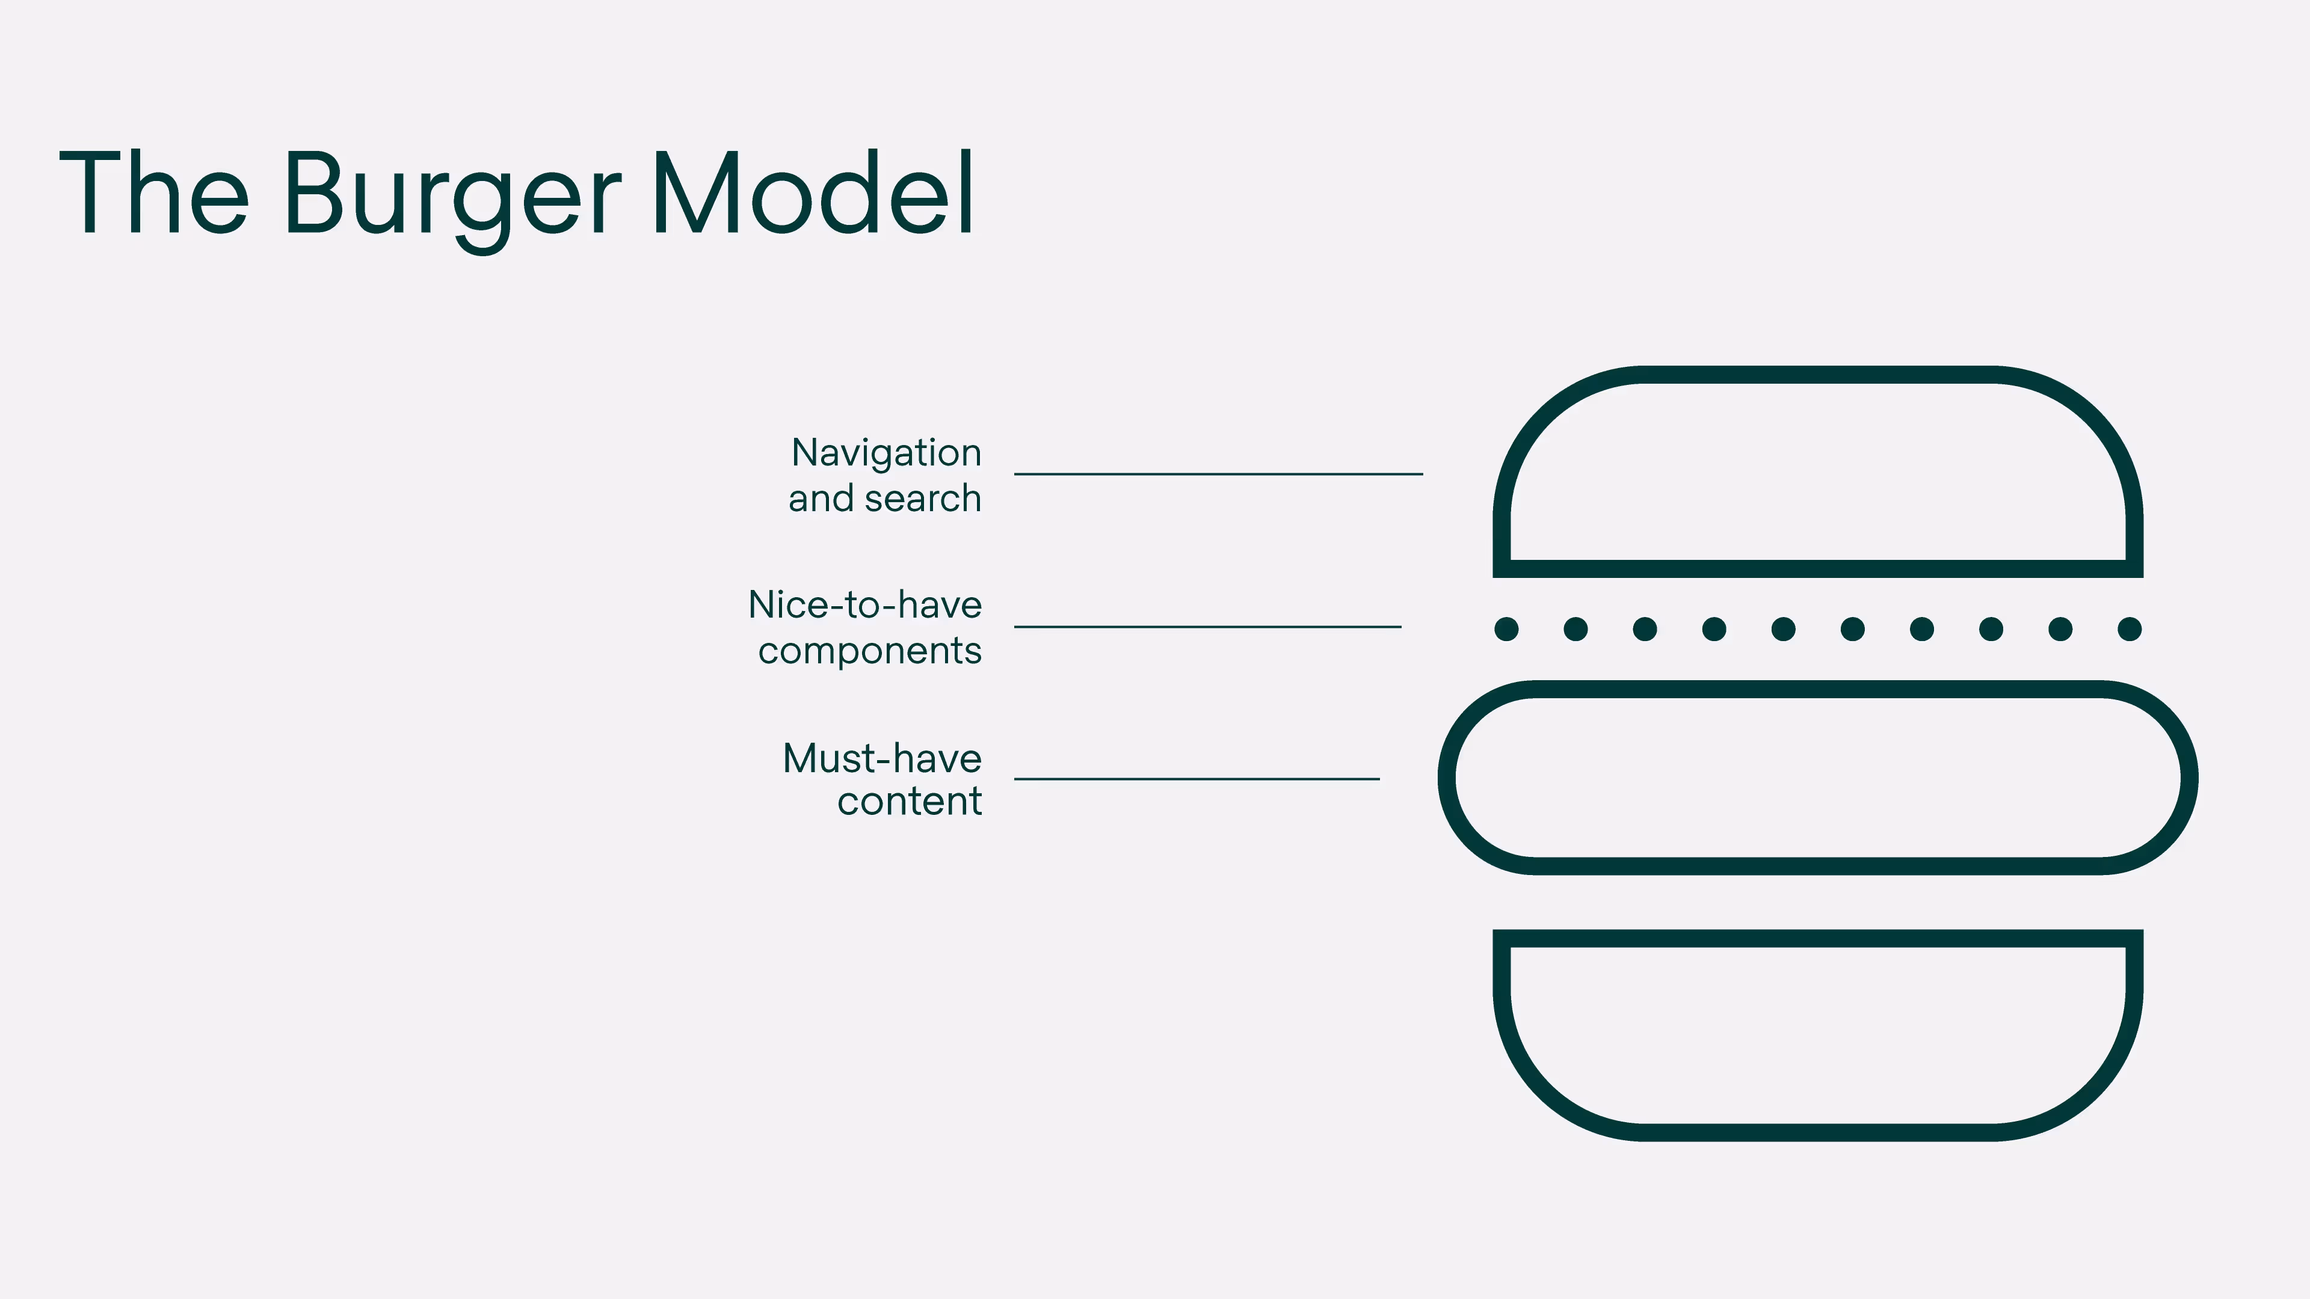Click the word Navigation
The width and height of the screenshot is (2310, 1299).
point(886,453)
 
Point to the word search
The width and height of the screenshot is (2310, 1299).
point(923,499)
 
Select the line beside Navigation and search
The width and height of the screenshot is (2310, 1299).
point(1218,473)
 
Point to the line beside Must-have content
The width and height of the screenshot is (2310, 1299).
point(1197,779)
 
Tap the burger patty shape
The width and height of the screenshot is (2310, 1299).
point(1818,689)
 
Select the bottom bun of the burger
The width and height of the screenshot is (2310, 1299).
point(1818,1131)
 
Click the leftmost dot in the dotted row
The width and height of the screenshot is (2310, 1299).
point(1506,629)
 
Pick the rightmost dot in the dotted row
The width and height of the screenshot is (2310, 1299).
point(2130,629)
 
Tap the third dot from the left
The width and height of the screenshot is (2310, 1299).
point(1645,629)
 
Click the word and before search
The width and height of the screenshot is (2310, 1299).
point(821,499)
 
